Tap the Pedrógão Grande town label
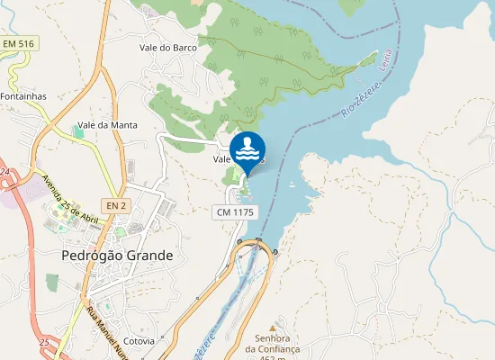pos(117,256)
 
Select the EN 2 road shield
pos(115,206)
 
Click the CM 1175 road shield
pos(236,211)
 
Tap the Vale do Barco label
pos(167,48)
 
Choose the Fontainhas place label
pos(23,95)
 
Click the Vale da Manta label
pos(107,125)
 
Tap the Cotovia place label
pos(139,341)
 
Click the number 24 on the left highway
pos(4,171)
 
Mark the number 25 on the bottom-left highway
pos(43,343)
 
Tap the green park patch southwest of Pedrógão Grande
pos(52,282)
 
